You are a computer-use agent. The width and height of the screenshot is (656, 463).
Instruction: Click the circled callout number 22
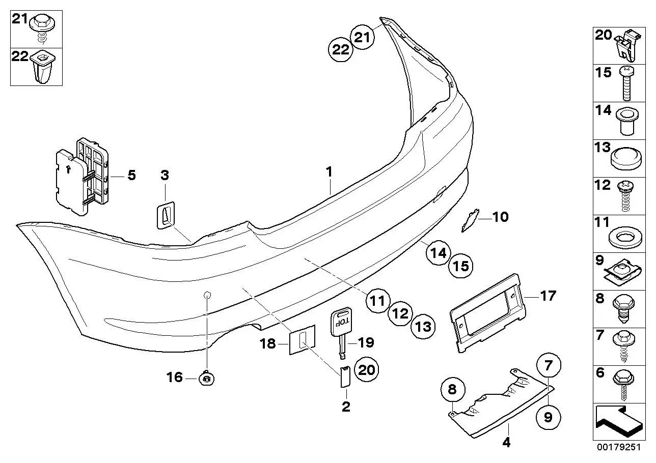341,49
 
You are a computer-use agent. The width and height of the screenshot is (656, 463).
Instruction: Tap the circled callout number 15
461,266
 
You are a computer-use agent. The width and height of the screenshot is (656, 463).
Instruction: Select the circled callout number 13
423,327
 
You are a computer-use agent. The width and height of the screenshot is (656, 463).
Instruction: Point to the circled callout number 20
366,370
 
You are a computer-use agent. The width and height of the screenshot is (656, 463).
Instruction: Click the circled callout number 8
452,389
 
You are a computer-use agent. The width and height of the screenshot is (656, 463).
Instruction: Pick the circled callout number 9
548,417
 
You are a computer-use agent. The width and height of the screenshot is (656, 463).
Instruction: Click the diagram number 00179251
619,447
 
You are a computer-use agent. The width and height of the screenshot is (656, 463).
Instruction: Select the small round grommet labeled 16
207,379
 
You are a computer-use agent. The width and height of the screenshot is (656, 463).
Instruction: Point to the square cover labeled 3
165,215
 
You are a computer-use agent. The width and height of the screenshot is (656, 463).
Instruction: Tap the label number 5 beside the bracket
132,175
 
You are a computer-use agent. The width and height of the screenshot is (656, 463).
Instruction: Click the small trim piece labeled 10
470,220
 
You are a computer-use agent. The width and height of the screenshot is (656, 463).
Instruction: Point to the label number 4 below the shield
506,443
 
